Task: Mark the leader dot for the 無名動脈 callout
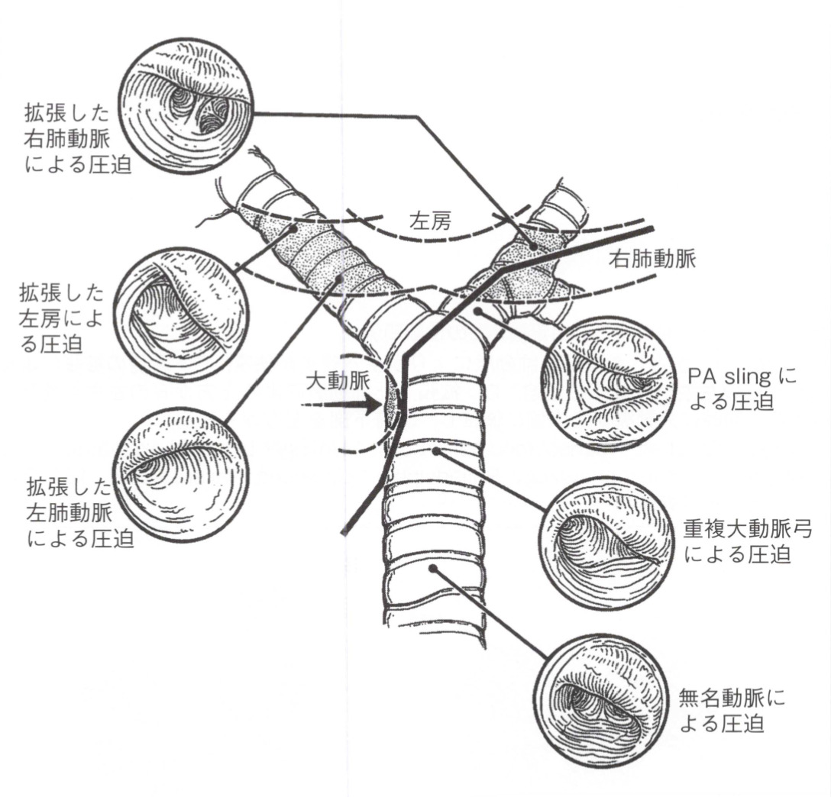(432, 568)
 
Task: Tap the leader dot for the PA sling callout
(477, 311)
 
